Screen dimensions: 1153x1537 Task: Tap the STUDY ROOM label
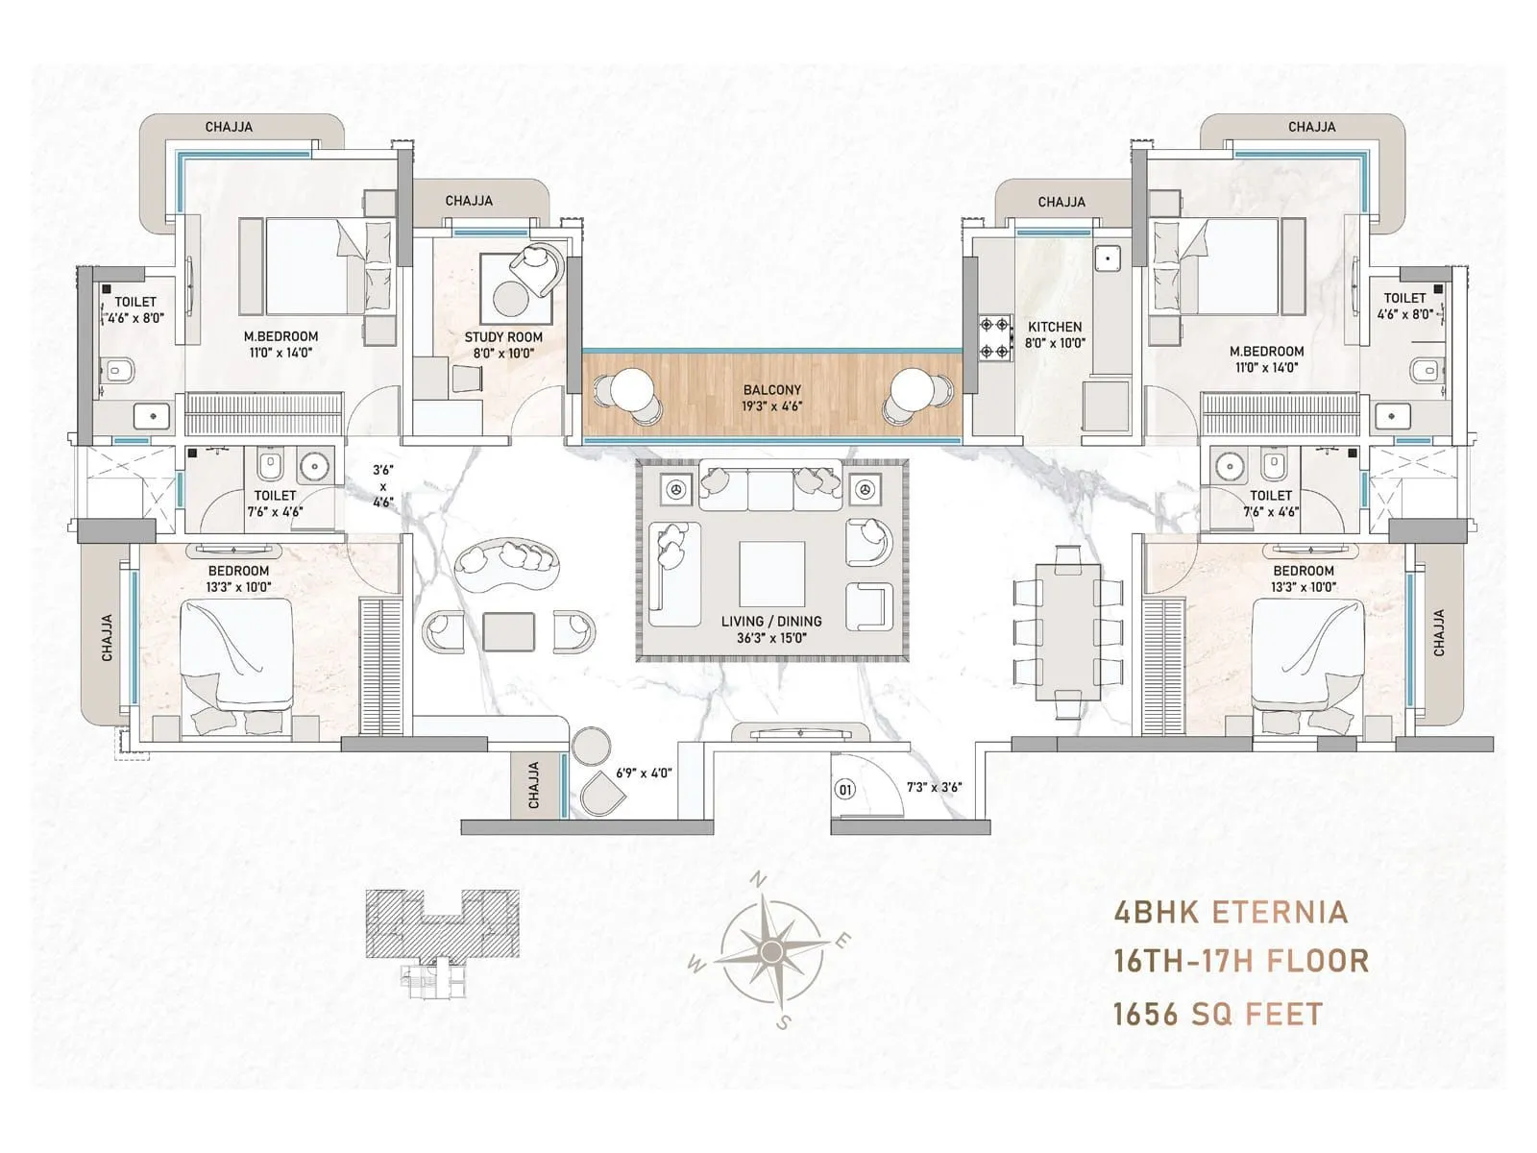pyautogui.click(x=503, y=337)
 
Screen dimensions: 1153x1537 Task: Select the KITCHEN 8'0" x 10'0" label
pyautogui.click(x=1054, y=334)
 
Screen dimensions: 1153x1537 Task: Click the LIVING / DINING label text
pyautogui.click(x=771, y=622)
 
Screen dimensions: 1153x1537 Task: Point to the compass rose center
pyautogui.click(x=770, y=951)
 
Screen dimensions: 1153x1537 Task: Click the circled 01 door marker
pyautogui.click(x=845, y=790)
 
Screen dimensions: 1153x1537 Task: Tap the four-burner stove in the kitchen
pyautogui.click(x=995, y=338)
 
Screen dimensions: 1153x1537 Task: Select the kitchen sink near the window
pyautogui.click(x=1108, y=258)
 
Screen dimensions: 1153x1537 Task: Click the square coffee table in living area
pyautogui.click(x=771, y=574)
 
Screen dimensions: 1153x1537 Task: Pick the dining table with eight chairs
pyautogui.click(x=1067, y=631)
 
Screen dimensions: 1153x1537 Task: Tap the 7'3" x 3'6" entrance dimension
pyautogui.click(x=934, y=787)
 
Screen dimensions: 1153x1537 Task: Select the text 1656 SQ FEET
pyautogui.click(x=1217, y=1014)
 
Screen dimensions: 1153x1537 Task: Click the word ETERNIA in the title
pyautogui.click(x=1280, y=911)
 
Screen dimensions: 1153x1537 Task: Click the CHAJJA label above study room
pyautogui.click(x=469, y=201)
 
